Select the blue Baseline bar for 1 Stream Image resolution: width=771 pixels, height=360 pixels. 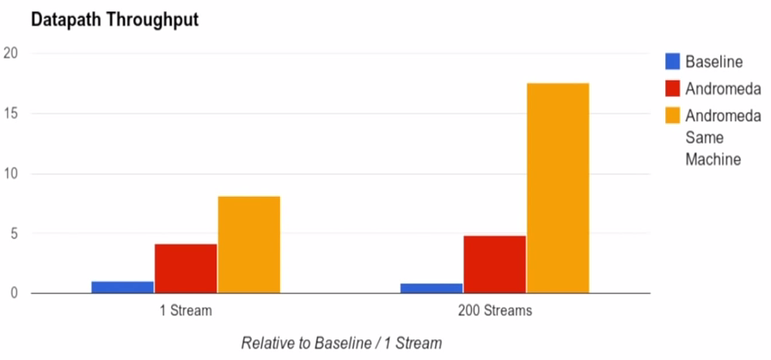122,287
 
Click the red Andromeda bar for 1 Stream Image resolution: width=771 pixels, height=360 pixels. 186,268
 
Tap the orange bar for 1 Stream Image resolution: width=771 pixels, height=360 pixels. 248,245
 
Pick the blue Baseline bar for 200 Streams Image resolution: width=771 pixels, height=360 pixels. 431,288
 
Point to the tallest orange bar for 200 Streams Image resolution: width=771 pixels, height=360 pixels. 558,188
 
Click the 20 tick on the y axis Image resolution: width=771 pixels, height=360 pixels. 12,53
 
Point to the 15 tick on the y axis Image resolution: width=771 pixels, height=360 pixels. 12,113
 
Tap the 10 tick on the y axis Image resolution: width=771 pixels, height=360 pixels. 12,174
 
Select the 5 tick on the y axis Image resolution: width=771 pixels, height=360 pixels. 15,233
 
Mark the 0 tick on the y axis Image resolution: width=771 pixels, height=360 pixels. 15,293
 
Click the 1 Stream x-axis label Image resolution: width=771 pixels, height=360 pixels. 186,311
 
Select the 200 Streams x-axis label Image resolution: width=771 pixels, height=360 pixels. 495,311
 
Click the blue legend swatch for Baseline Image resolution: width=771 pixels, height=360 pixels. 673,62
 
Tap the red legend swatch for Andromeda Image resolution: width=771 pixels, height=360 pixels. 673,88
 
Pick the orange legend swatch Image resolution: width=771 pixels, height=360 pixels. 673,114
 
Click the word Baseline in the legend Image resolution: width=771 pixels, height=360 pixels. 714,62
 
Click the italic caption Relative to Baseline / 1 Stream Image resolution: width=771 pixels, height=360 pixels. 341,343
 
